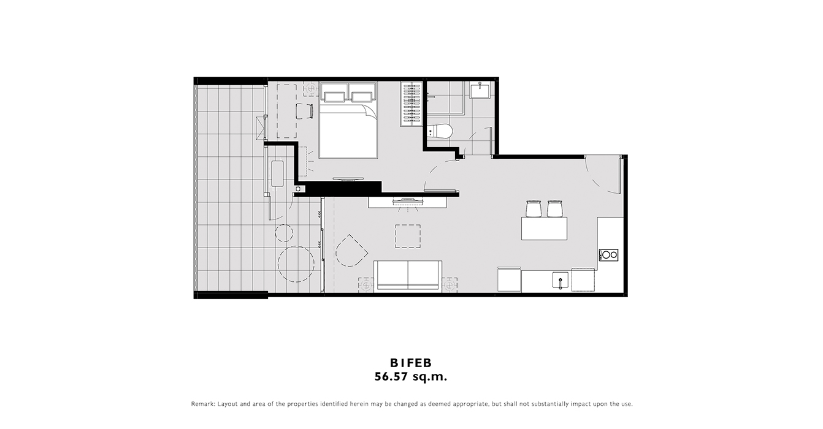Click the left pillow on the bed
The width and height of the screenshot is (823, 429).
[334, 97]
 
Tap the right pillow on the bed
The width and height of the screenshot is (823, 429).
[362, 97]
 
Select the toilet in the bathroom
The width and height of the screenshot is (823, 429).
[440, 131]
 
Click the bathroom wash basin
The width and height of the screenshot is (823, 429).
[480, 90]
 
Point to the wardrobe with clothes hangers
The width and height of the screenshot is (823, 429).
[412, 104]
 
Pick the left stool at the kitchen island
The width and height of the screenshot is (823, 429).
[533, 208]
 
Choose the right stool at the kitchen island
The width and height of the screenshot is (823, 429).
[554, 208]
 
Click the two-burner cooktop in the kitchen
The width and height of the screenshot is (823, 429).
[608, 255]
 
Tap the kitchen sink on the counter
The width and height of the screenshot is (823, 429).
[561, 281]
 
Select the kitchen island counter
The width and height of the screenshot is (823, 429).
[544, 229]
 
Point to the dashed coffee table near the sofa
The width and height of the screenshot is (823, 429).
[408, 236]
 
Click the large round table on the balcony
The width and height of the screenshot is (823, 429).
[296, 264]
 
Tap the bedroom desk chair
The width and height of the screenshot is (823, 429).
[305, 111]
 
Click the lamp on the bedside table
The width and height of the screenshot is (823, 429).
[312, 89]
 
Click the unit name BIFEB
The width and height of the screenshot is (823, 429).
[411, 363]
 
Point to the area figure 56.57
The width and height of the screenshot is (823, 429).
[391, 377]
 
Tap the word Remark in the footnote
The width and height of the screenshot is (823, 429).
[203, 404]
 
